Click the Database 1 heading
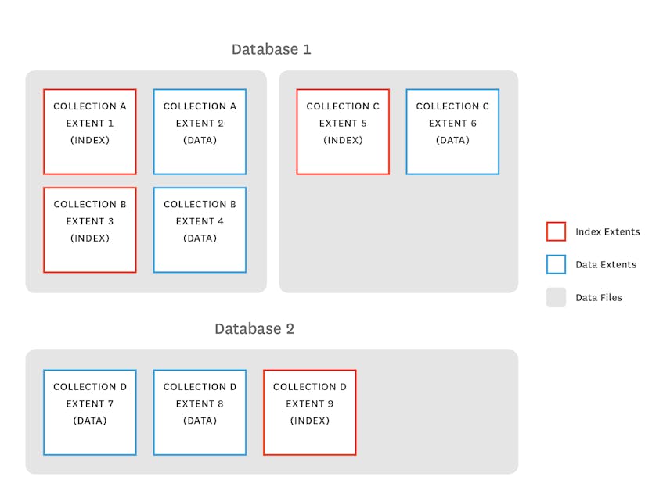(271, 49)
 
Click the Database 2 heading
(254, 328)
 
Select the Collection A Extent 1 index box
(90, 131)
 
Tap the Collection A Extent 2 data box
(200, 131)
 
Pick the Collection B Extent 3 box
(90, 230)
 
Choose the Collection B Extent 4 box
(200, 230)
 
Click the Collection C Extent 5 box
(343, 131)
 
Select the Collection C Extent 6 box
(452, 131)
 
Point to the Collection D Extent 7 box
(90, 412)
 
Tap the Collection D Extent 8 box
(200, 412)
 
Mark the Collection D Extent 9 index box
(310, 412)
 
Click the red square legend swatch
(556, 231)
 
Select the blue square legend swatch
(556, 264)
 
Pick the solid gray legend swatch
(556, 297)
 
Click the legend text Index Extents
(607, 231)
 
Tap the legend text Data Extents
(606, 264)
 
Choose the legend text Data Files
(599, 297)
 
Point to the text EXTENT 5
(343, 124)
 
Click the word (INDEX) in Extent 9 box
(310, 421)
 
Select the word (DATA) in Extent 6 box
(452, 141)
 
